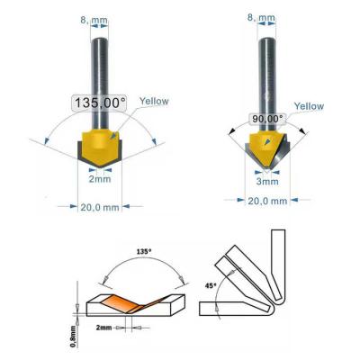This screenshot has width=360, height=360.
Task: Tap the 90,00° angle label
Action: (x=266, y=117)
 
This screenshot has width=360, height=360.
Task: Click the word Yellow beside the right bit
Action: (x=309, y=106)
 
